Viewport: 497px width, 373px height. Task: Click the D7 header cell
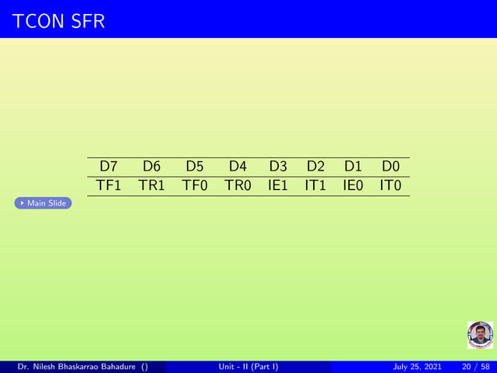pos(108,167)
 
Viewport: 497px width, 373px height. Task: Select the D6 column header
pos(151,167)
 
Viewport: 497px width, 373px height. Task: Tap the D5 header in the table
pos(195,167)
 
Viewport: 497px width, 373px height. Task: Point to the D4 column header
pos(238,167)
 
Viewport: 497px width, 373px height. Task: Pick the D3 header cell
pos(278,167)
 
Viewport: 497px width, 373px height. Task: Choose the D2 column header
pos(315,167)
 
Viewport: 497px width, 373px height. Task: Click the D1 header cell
pos(353,167)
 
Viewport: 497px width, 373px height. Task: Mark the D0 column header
pos(390,167)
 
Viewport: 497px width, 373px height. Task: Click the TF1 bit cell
pos(108,186)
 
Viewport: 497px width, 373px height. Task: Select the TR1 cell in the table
pos(151,186)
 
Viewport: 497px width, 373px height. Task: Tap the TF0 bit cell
pos(195,186)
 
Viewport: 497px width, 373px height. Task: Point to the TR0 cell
pos(238,186)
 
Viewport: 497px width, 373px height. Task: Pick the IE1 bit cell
pos(278,186)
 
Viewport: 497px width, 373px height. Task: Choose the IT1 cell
pos(315,186)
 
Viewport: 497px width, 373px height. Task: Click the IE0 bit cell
pos(353,186)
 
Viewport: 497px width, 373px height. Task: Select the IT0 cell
pos(390,186)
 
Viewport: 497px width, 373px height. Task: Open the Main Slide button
pos(44,203)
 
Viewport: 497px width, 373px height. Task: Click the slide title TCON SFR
pos(58,23)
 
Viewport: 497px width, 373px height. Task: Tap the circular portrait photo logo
pos(480,335)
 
